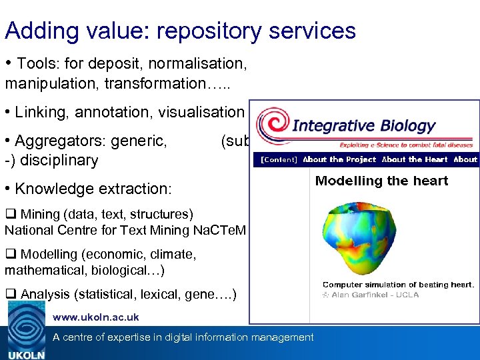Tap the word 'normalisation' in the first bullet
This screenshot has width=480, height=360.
[204, 64]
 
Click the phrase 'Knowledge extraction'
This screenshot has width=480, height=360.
[93, 189]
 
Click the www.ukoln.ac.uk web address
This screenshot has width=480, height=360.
[96, 317]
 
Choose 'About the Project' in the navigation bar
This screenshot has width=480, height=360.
[339, 159]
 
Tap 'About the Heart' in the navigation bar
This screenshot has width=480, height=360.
[414, 159]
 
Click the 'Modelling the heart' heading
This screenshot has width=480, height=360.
[381, 181]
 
